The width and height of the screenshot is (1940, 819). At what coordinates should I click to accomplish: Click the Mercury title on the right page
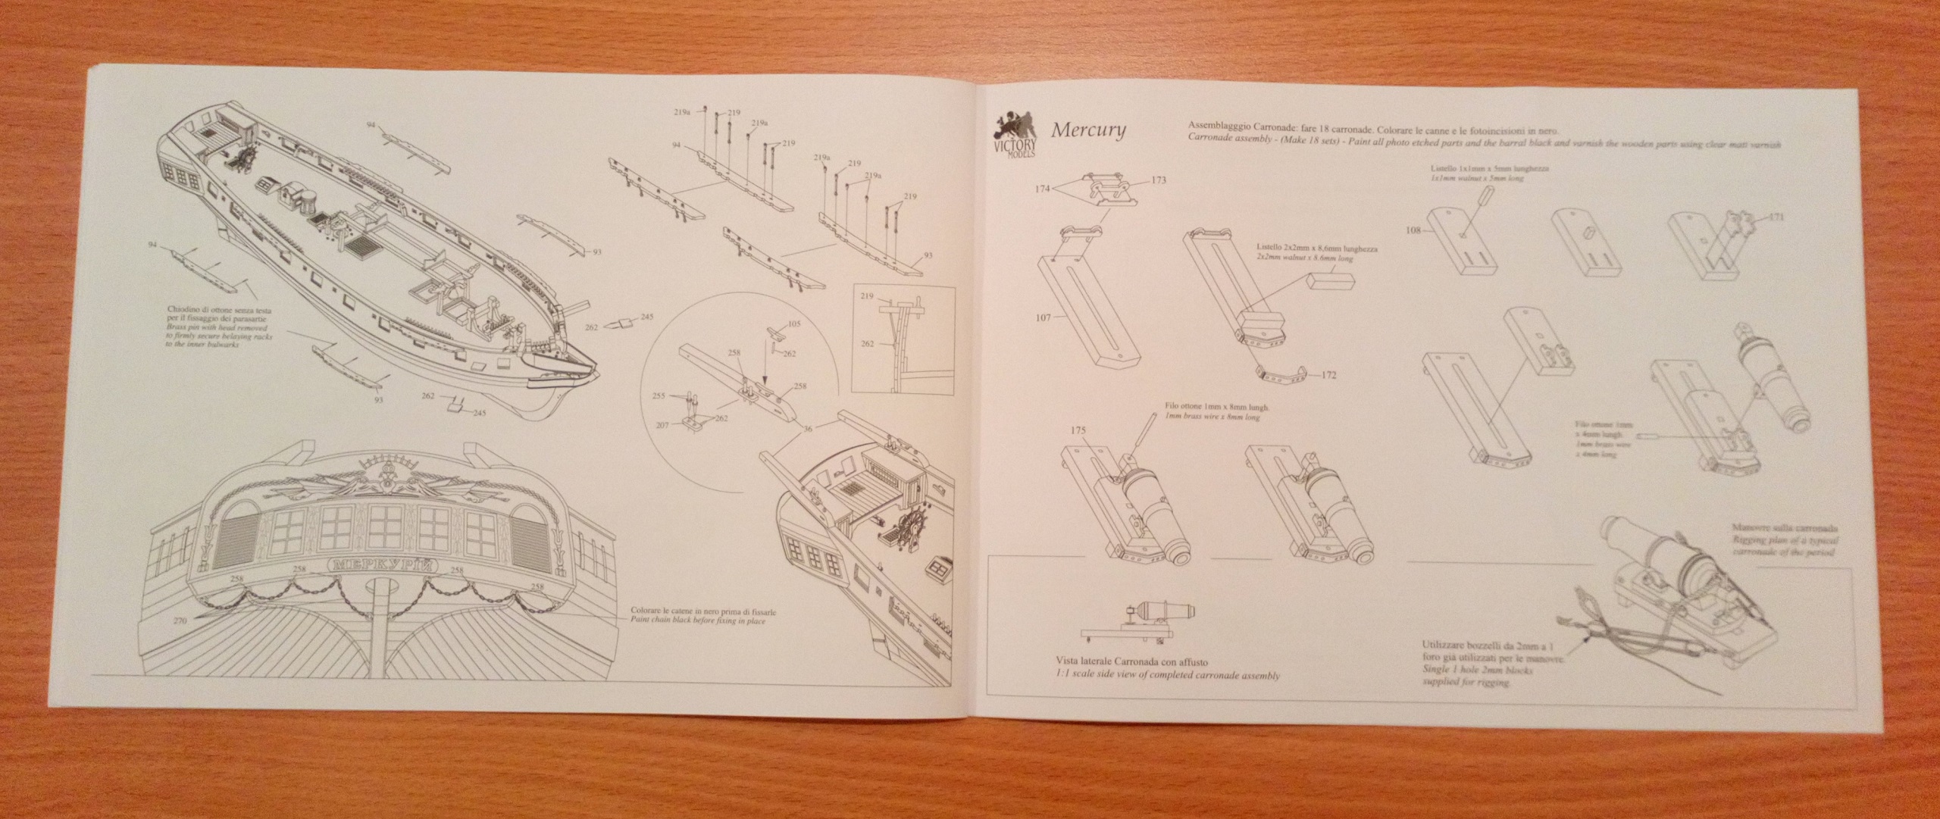click(1087, 130)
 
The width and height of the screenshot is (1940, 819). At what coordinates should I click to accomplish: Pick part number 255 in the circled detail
click(659, 395)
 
